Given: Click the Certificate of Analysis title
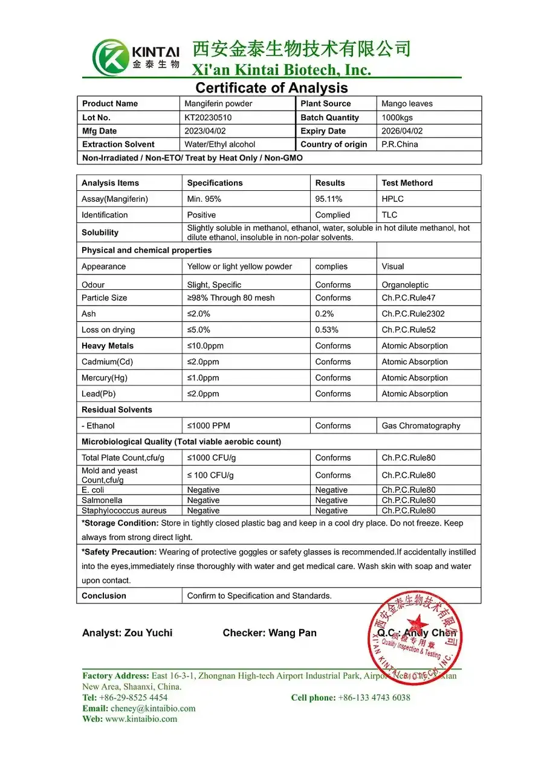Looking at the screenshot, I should (x=271, y=88).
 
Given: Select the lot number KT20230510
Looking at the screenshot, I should (x=208, y=118).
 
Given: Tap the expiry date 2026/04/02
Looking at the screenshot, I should (x=402, y=131).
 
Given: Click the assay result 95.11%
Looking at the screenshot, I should (x=329, y=199).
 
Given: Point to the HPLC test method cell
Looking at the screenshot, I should (x=392, y=199).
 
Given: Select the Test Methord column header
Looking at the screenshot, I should (x=407, y=183).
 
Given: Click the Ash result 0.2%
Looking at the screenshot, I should (x=324, y=314).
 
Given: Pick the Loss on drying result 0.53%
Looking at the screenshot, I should (x=326, y=330).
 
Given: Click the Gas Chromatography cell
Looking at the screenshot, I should (x=421, y=426).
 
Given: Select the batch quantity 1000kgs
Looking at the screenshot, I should (x=397, y=118).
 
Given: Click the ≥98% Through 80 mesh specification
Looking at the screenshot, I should (x=230, y=298).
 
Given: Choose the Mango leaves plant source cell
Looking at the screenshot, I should (x=407, y=104).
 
